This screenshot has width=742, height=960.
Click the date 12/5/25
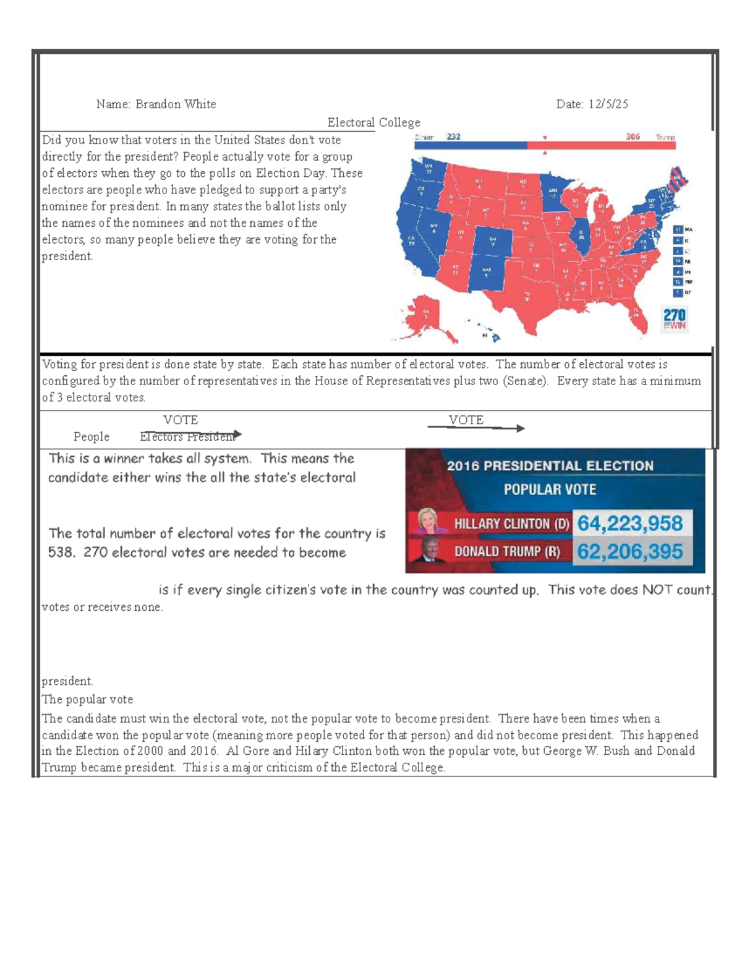pyautogui.click(x=608, y=104)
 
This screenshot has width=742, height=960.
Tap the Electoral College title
pyautogui.click(x=373, y=122)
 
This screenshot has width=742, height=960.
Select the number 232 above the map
pyautogui.click(x=453, y=137)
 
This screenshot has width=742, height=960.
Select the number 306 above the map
pyautogui.click(x=633, y=137)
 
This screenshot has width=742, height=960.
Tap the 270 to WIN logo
pyautogui.click(x=674, y=319)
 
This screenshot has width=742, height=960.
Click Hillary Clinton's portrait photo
pyautogui.click(x=427, y=521)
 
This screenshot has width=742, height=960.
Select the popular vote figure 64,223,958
pyautogui.click(x=629, y=524)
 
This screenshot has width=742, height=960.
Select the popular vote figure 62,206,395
pyautogui.click(x=629, y=551)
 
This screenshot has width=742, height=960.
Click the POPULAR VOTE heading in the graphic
pyautogui.click(x=549, y=490)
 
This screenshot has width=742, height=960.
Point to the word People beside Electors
pyautogui.click(x=92, y=437)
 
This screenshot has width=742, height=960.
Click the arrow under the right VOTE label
pyautogui.click(x=476, y=428)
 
